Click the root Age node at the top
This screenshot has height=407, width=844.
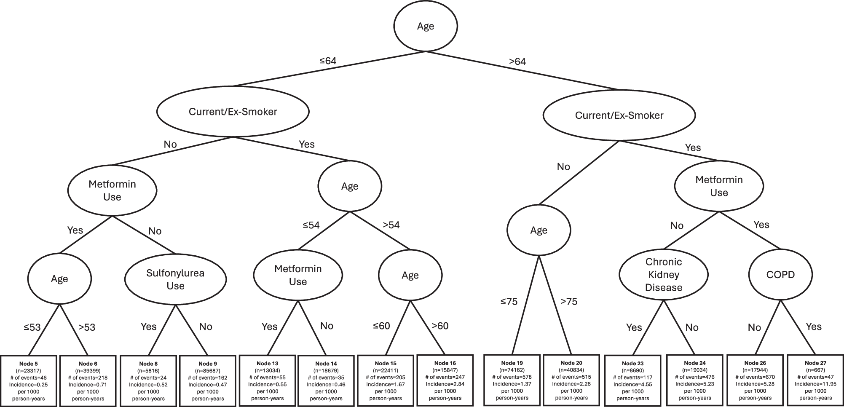426,26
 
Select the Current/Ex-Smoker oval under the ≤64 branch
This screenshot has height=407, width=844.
233,112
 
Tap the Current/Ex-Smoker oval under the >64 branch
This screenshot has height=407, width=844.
619,115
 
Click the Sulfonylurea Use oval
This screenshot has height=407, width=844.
175,279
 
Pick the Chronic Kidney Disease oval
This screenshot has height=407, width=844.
663,275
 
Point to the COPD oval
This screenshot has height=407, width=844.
780,275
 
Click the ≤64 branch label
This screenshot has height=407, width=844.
328,61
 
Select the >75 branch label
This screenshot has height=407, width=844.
569,302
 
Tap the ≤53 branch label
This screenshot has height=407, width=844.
32,327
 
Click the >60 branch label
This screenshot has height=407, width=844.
440,326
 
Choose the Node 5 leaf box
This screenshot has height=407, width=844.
28,381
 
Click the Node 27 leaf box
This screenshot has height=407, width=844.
815,380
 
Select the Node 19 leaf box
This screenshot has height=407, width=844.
512,380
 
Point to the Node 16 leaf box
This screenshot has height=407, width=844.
445,380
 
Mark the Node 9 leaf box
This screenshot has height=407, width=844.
207,381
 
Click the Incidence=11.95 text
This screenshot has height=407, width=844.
815,384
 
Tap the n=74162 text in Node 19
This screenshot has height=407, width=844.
512,370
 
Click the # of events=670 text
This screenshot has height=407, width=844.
755,377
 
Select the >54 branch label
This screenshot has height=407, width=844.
391,225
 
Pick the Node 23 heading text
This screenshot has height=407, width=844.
632,363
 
